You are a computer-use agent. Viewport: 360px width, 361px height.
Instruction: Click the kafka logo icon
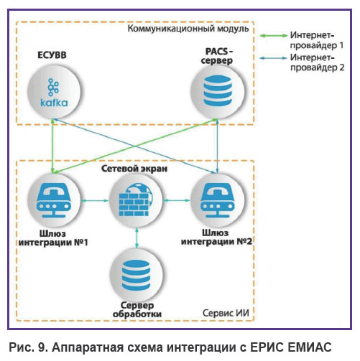point(54,93)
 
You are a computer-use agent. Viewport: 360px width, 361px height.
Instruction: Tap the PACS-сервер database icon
point(217,90)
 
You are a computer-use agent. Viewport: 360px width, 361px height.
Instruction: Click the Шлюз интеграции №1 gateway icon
point(54,200)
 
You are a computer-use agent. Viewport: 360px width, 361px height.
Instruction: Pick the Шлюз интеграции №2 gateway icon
point(217,200)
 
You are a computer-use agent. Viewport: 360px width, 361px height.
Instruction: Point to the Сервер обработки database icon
point(136,275)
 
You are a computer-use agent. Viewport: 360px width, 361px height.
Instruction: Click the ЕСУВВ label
point(52,55)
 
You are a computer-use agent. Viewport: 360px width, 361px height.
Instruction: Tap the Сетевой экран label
point(134,169)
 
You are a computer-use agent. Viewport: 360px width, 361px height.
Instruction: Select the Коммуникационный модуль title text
point(188,29)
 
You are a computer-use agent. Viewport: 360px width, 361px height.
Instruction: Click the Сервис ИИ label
point(226,313)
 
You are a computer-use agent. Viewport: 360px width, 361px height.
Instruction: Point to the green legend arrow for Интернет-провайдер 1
point(274,36)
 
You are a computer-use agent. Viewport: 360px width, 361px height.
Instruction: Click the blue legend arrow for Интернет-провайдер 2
point(274,58)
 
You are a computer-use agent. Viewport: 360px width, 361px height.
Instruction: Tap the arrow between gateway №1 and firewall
point(95,201)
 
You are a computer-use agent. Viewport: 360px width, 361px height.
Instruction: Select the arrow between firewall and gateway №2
point(177,200)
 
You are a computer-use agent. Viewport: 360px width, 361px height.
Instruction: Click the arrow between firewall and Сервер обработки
point(137,238)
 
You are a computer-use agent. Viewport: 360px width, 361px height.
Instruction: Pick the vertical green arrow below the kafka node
point(53,146)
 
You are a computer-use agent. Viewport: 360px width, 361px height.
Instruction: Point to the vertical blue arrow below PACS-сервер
point(217,146)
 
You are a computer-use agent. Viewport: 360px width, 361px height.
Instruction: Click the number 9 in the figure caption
point(40,347)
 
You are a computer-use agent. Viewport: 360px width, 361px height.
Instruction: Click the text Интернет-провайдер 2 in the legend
point(317,62)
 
